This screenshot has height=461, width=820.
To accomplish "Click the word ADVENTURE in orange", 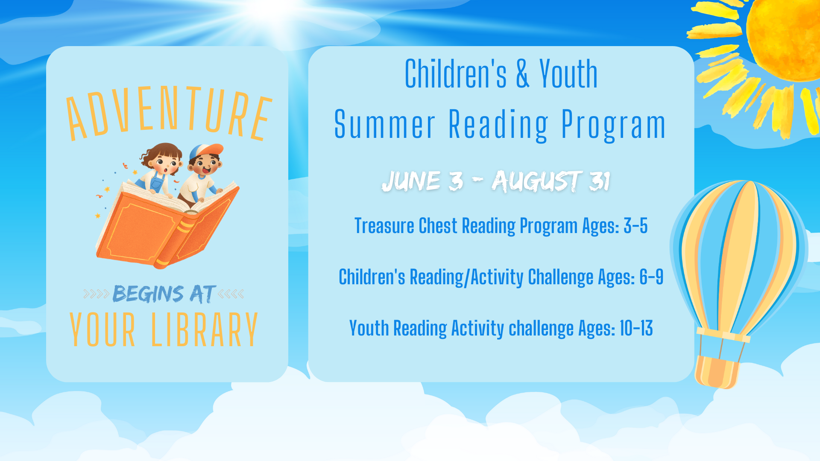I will (x=169, y=112).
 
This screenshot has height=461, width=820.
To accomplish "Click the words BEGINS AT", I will (x=164, y=294).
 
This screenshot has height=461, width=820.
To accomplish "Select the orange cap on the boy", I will (x=207, y=151).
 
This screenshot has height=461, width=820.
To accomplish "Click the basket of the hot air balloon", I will (x=717, y=371).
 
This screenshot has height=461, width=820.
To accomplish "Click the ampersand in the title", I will (x=522, y=74).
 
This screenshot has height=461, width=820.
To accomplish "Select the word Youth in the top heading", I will (x=568, y=74).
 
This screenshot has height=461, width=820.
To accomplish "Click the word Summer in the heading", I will (x=384, y=125).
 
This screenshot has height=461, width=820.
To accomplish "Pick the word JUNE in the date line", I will (x=411, y=181).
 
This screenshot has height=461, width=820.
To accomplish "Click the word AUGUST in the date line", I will (x=536, y=181).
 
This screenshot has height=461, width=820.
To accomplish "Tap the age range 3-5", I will (x=635, y=226).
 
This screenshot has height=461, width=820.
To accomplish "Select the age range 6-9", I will (x=651, y=277).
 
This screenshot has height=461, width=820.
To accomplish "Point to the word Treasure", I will (x=384, y=226).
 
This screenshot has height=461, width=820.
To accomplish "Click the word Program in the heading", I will (x=613, y=125).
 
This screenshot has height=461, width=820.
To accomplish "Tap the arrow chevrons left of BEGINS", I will (x=96, y=294).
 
